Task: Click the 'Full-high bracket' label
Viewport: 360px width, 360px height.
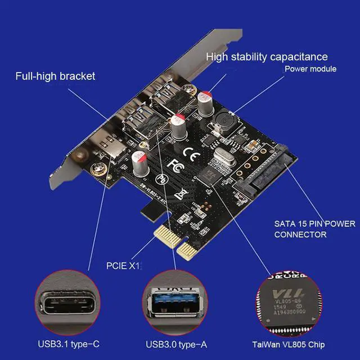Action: (55, 76)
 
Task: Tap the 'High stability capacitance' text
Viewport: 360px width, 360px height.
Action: (267, 57)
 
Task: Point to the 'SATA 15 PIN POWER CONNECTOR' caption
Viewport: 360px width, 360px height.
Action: (314, 229)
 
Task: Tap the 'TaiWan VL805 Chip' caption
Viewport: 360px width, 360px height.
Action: (289, 344)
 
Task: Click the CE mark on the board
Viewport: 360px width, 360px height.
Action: (190, 150)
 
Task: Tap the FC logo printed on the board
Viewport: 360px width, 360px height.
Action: (174, 167)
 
